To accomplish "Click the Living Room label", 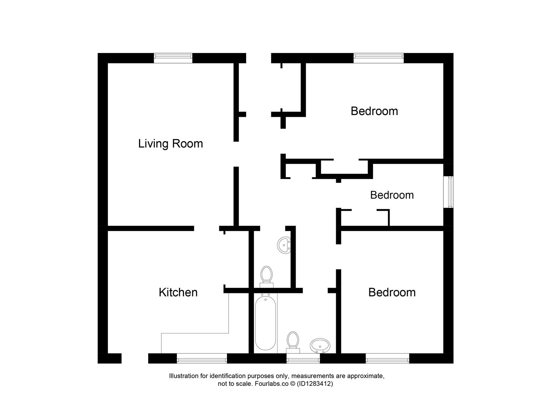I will coord(170,143).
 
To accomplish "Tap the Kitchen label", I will coord(178,292).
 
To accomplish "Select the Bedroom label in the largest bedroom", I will coord(374,111).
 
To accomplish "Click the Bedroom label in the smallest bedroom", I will coord(392,195).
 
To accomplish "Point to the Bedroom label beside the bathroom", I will coord(392,292).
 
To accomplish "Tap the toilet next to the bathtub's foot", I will coord(293,341).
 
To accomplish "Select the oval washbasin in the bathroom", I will coord(320,346).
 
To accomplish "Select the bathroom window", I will coord(303,358).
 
